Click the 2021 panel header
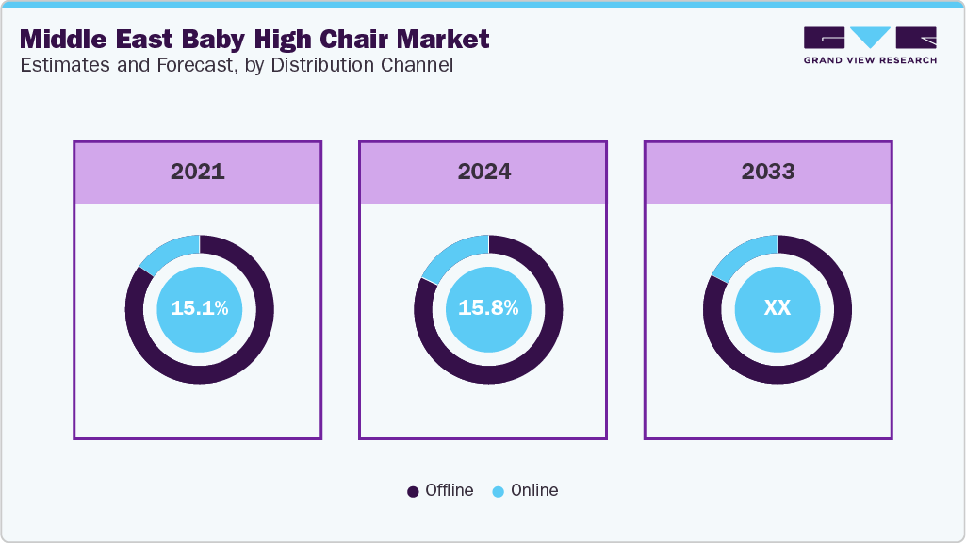(x=198, y=172)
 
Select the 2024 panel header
(x=483, y=172)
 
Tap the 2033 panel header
(x=768, y=172)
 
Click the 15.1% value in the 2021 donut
(x=199, y=308)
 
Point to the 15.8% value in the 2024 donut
(x=488, y=308)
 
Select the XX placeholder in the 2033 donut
(x=777, y=308)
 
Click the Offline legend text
(x=449, y=490)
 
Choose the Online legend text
(x=534, y=490)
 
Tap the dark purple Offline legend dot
(x=413, y=491)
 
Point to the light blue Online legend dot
(x=498, y=491)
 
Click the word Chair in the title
(x=343, y=39)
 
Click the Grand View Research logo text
(x=870, y=60)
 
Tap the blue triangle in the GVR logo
(x=870, y=37)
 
